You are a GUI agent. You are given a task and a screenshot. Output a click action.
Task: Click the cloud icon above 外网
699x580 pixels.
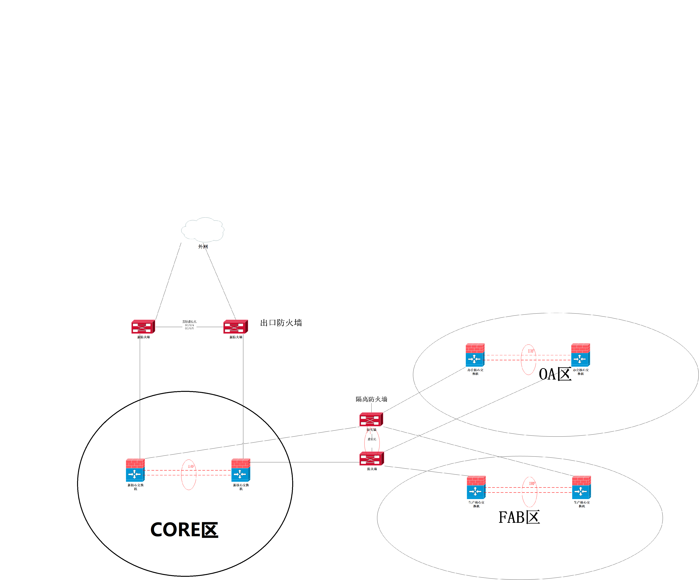tap(203, 229)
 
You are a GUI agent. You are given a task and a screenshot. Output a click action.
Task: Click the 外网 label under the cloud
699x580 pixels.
tap(203, 247)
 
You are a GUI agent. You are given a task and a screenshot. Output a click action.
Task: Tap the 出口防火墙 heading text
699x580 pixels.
tap(281, 323)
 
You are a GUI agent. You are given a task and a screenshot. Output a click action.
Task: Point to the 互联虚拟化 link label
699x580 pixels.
tap(189, 322)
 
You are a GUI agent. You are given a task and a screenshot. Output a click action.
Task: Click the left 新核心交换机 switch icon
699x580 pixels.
tap(135, 470)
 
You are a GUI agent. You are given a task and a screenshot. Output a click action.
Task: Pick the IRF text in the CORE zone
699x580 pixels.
tap(191, 467)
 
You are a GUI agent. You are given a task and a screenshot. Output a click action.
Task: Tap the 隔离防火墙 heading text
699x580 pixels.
tap(372, 399)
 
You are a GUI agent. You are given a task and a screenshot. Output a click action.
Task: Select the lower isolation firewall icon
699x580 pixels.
tap(372, 459)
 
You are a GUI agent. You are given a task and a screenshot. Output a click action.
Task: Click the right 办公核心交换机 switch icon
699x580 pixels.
tap(580, 355)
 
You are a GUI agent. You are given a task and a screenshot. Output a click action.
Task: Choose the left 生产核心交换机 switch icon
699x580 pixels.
tap(476, 488)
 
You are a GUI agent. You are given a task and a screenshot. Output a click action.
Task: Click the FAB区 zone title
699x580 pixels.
tap(519, 517)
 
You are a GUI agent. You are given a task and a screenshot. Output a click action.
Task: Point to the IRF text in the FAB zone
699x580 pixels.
tap(532, 483)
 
